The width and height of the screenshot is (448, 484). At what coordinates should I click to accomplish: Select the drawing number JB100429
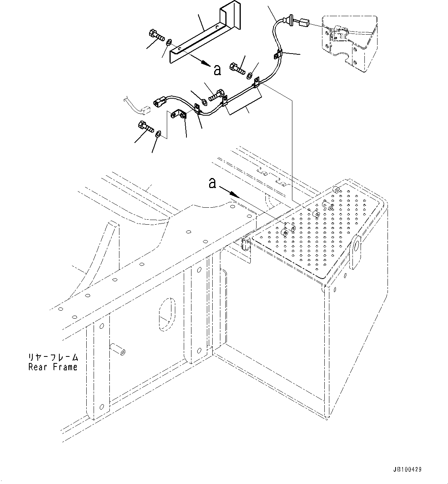tap(407, 469)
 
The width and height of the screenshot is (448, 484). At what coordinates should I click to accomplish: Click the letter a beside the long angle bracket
tap(217, 70)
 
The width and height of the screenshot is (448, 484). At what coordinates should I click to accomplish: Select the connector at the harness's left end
tap(159, 102)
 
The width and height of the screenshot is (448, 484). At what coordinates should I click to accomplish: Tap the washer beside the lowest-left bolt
tap(158, 133)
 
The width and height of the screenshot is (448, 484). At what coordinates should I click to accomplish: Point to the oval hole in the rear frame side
tap(167, 314)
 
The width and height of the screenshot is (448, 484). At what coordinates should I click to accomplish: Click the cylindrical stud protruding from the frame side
tap(118, 350)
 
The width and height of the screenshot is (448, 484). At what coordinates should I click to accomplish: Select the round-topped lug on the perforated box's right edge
tap(356, 252)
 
